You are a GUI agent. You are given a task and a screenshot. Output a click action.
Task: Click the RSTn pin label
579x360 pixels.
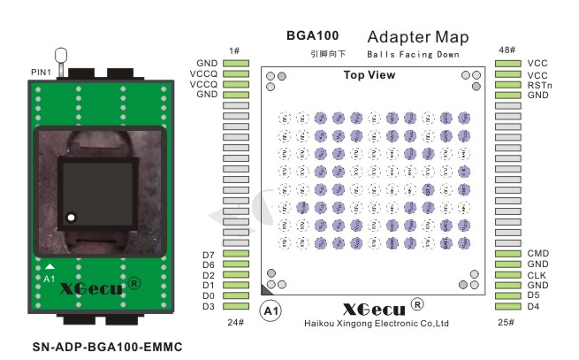[x=539, y=85]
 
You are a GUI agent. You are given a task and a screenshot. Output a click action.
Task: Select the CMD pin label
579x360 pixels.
[x=537, y=254]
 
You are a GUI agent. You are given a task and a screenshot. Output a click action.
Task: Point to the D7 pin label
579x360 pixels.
[x=209, y=255]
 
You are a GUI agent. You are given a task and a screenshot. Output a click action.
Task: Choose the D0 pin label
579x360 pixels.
[x=209, y=296]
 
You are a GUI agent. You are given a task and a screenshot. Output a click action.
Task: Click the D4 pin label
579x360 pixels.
[x=533, y=306]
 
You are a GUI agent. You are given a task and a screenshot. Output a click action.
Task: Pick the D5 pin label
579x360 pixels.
[x=533, y=295]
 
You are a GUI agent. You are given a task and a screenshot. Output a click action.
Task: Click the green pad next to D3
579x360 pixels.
[x=236, y=307]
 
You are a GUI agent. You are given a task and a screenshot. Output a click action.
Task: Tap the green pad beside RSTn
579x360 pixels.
[x=507, y=85]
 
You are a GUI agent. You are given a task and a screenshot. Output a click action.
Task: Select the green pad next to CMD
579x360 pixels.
[x=507, y=254]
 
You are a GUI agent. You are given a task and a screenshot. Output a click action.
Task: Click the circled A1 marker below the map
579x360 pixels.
[x=270, y=311]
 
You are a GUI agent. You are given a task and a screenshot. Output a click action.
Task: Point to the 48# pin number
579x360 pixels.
[x=507, y=50]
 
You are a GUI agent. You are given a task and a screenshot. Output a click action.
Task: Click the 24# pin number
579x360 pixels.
[x=235, y=322]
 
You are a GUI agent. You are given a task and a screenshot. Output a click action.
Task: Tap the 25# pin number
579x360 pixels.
[x=507, y=322]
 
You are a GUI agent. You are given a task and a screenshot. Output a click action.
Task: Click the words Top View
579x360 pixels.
[x=369, y=75]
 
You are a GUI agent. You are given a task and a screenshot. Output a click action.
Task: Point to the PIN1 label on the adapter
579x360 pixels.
[x=42, y=70]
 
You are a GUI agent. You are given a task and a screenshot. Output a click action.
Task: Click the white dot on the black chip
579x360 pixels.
[x=72, y=216]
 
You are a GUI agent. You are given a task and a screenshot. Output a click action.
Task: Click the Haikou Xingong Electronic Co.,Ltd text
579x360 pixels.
[x=377, y=324]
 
